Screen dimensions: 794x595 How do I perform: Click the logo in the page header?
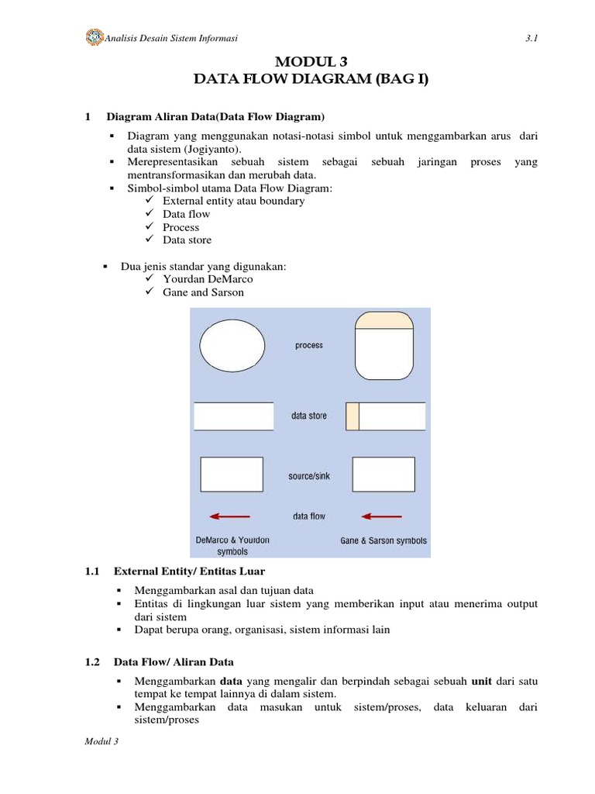point(94,37)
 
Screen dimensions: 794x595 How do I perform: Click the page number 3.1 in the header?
point(531,38)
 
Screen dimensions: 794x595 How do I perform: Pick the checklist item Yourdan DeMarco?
point(208,279)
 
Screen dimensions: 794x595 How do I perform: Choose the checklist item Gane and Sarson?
point(203,292)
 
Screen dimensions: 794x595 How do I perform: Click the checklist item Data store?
point(187,240)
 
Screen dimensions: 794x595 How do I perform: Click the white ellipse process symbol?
point(232,346)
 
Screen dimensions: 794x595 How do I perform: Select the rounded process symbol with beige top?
point(385,346)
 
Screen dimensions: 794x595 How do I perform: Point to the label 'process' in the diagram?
point(309,346)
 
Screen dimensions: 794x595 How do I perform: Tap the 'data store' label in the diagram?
point(309,416)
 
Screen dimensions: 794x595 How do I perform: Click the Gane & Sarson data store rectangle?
point(385,416)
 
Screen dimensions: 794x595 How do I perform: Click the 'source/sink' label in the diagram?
point(309,476)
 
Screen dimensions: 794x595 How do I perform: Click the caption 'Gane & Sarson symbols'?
point(383,540)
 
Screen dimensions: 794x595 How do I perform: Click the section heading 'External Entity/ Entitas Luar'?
point(189,571)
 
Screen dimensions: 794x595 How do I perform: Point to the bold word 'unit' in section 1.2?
point(482,682)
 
